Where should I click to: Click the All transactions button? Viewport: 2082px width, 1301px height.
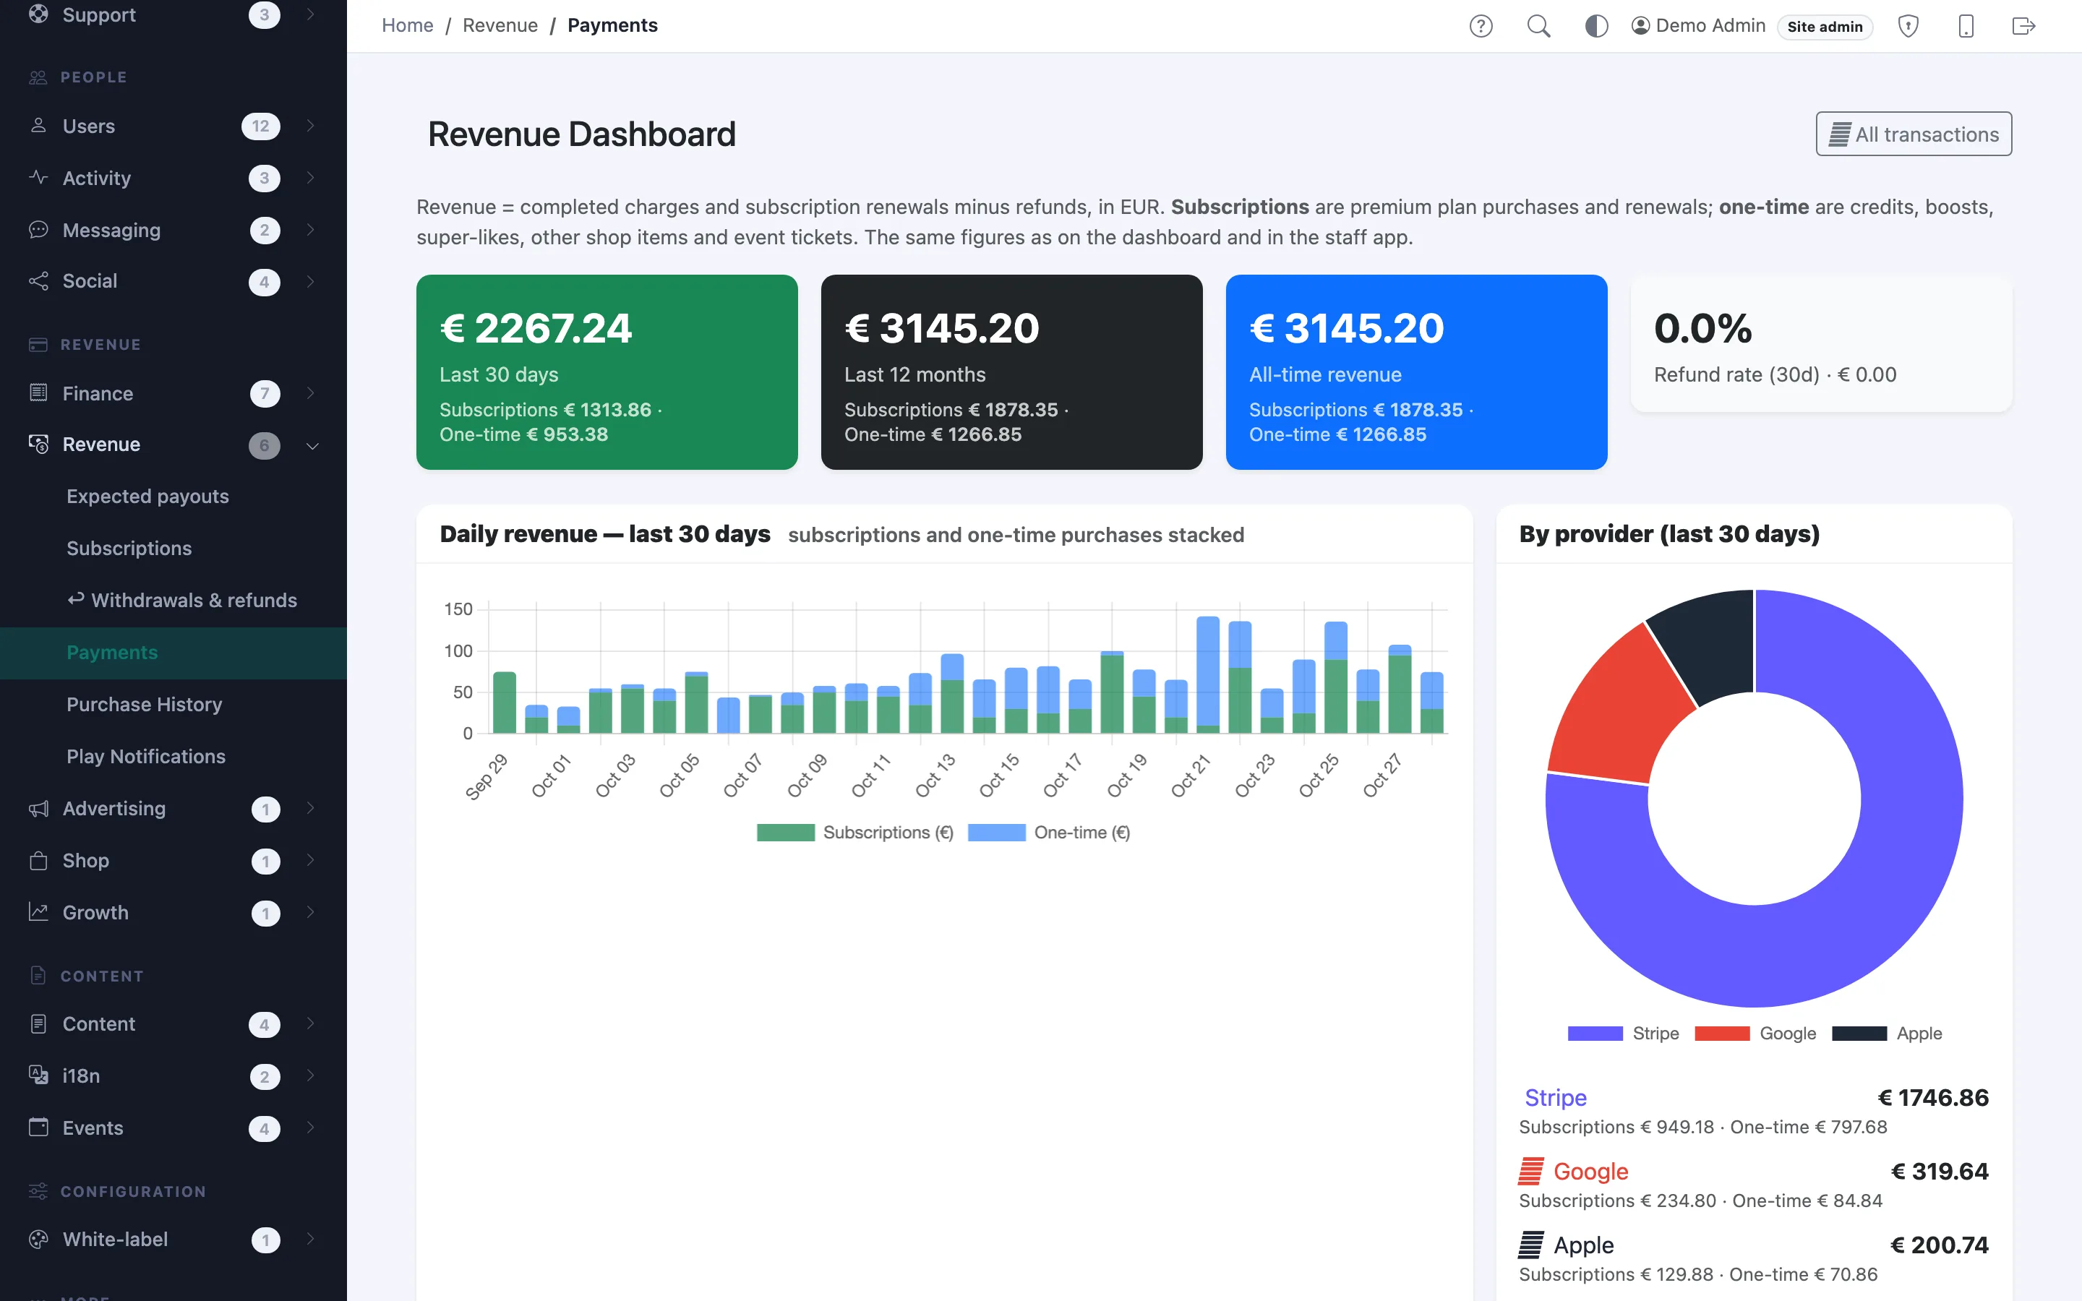tap(1914, 134)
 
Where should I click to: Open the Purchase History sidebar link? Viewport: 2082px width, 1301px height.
tap(145, 704)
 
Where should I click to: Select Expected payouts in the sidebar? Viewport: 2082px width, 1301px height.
tap(148, 497)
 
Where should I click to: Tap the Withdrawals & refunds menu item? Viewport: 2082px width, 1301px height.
tap(182, 600)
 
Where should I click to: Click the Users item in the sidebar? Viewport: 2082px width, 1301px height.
tap(89, 126)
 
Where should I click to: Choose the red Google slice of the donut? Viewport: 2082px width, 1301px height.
tap(1617, 705)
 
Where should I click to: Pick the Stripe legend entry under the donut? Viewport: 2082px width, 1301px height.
tap(1624, 1034)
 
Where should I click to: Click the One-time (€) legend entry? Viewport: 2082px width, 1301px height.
tap(1049, 832)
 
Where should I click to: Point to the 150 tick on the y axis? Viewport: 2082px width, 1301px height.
tap(458, 609)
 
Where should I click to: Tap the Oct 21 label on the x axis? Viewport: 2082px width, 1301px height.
tap(1191, 776)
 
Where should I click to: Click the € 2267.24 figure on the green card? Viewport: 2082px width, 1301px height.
tap(536, 328)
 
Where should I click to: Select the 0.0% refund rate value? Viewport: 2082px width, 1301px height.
tap(1702, 328)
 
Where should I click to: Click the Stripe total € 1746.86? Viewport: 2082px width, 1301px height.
tap(1933, 1097)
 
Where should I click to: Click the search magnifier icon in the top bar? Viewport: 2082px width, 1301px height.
tap(1538, 26)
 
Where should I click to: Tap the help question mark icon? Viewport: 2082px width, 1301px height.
tap(1481, 26)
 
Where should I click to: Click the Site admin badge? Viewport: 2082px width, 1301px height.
tap(1825, 27)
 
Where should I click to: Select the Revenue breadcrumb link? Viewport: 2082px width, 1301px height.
tap(500, 26)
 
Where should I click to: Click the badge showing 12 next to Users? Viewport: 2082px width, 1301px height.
tap(261, 126)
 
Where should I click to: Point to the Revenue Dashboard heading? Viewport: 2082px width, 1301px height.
tap(581, 134)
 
